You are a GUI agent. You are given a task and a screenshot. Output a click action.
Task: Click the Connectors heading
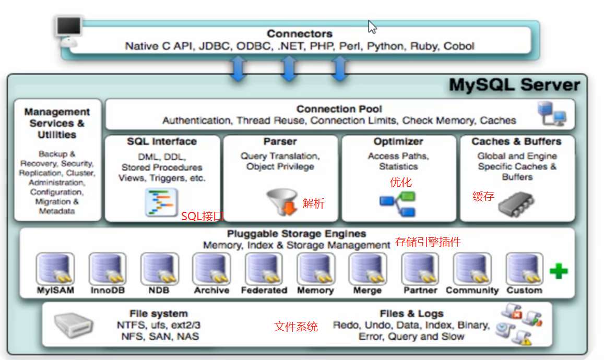pos(299,34)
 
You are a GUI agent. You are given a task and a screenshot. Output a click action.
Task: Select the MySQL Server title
pos(514,85)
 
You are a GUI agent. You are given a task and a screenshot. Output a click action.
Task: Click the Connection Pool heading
pos(339,109)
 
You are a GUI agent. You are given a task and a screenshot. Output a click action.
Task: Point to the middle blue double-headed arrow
pos(288,68)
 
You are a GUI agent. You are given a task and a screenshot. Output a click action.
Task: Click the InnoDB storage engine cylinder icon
pos(108,269)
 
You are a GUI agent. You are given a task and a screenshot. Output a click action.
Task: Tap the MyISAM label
pos(55,290)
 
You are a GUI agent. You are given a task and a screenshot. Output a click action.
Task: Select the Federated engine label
pos(264,290)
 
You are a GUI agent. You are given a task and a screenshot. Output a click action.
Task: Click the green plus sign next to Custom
pos(559,271)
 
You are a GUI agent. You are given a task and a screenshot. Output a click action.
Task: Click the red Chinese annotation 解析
pos(313,203)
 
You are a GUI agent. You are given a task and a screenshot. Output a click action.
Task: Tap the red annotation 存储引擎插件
pos(428,242)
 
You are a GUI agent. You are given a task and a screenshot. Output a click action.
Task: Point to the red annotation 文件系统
pos(296,327)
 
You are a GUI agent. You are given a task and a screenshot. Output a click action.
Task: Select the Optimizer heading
pos(398,141)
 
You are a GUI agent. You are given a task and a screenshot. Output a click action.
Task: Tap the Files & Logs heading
pos(412,314)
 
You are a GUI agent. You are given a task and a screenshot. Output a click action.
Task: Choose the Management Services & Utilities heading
pos(57,123)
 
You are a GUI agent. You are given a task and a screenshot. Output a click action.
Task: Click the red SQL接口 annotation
pos(203,217)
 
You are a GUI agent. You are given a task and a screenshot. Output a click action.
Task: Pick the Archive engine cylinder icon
pos(211,269)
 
